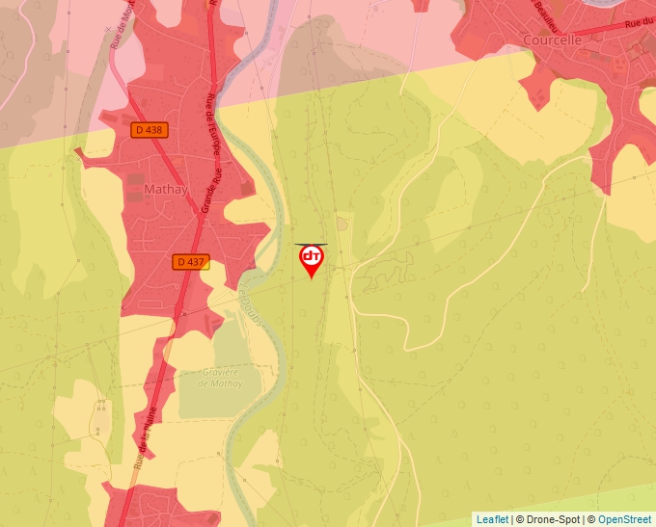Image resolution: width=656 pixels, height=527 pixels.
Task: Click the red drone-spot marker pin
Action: point(312,260)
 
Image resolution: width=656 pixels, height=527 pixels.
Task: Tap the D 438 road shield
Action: point(150,129)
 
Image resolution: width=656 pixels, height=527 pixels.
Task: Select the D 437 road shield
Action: point(191,261)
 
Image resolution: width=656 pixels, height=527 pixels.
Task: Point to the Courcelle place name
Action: point(553,40)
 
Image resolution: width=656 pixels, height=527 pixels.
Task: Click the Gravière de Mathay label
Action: point(218,377)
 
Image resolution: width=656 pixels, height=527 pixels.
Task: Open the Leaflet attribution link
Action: point(492,519)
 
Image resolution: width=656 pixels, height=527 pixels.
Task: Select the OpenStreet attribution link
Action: point(624,519)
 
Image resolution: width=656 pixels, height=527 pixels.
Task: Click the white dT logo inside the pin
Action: point(312,255)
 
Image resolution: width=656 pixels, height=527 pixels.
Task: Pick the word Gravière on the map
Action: point(220,371)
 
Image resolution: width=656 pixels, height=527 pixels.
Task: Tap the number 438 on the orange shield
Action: point(154,129)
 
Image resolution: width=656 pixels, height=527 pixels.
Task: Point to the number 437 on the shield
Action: point(196,261)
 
